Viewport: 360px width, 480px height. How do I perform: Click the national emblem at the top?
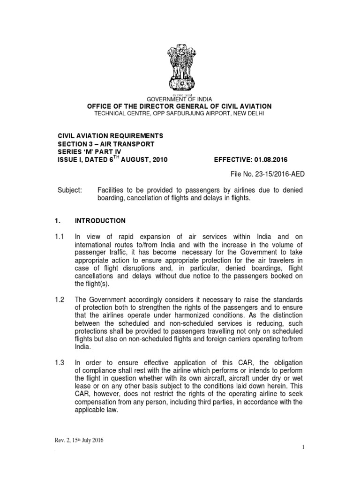click(180, 71)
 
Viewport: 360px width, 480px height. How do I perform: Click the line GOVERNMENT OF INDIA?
click(180, 99)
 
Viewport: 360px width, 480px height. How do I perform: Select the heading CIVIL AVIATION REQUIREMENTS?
click(110, 135)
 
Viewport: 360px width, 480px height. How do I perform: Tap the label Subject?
click(69, 190)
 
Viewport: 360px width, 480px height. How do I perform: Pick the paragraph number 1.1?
click(61, 237)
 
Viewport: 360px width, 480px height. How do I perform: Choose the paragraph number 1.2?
click(61, 300)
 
